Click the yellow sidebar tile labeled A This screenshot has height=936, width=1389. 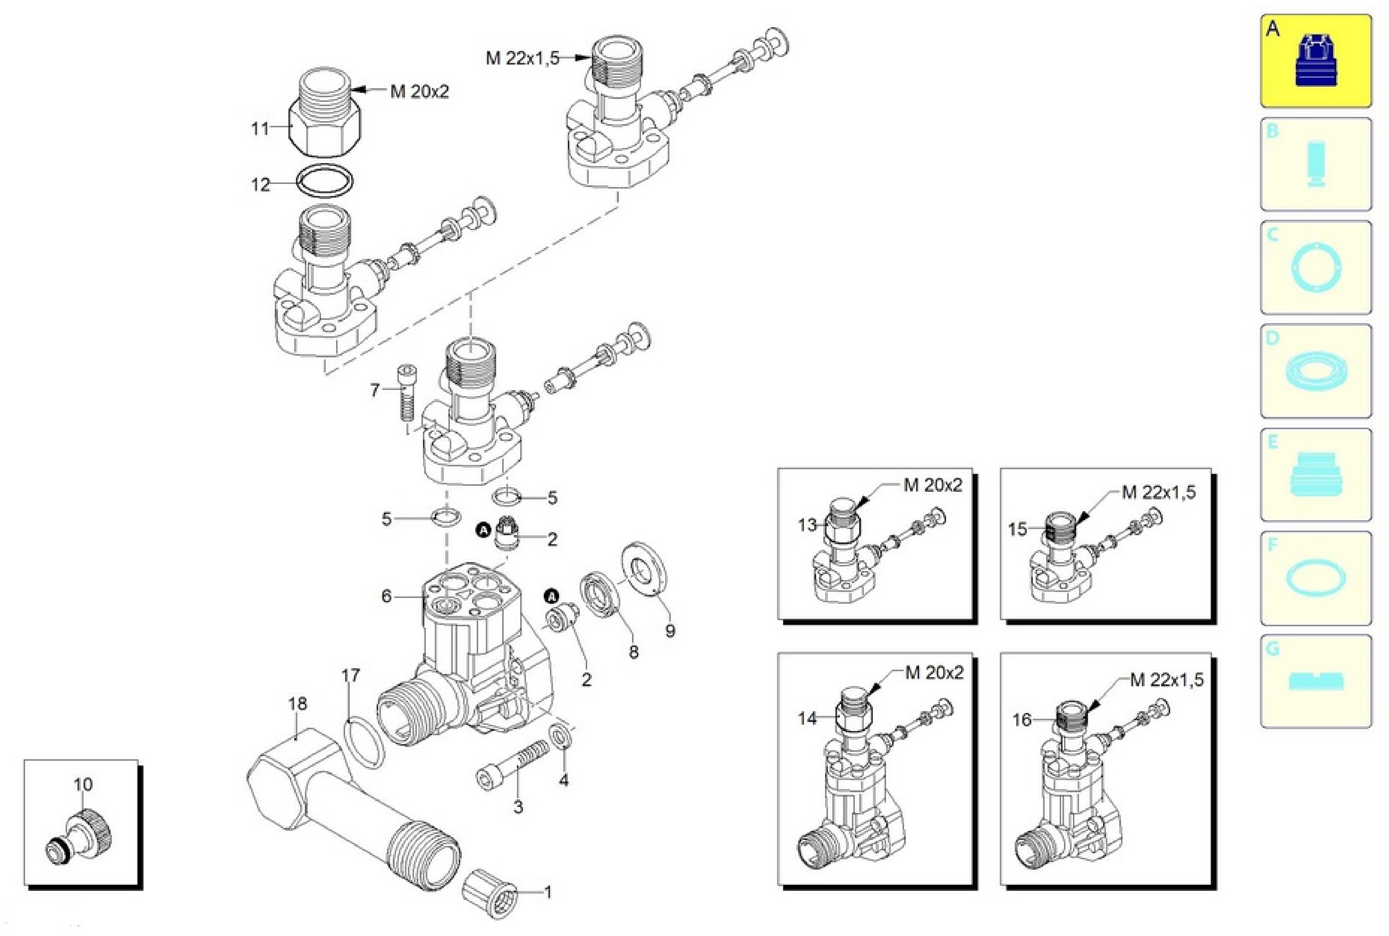click(1315, 61)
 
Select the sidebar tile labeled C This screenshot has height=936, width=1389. click(1315, 267)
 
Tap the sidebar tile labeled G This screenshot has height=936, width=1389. click(1315, 681)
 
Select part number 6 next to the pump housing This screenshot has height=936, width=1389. click(386, 596)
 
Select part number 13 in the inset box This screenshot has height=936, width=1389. click(807, 525)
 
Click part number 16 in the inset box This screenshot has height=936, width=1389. click(1022, 720)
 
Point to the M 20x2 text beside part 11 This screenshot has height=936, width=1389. click(419, 92)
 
